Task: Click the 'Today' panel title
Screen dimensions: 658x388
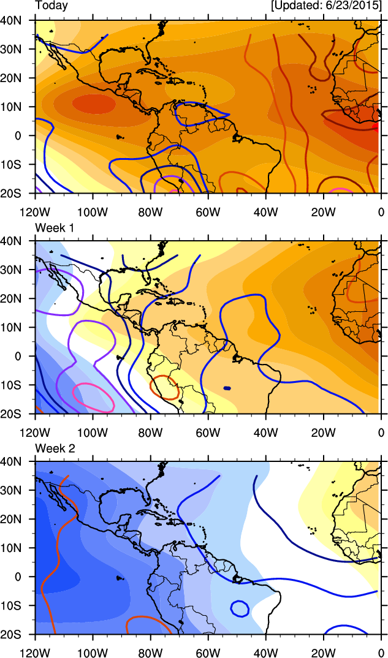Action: pos(51,6)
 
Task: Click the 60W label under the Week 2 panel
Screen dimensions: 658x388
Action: pos(208,652)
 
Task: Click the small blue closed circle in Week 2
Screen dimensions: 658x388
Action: pos(240,609)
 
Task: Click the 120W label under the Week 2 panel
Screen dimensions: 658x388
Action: pos(35,652)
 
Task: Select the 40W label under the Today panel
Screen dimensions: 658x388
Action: pos(265,213)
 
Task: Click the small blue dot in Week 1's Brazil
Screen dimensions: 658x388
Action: pos(227,388)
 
